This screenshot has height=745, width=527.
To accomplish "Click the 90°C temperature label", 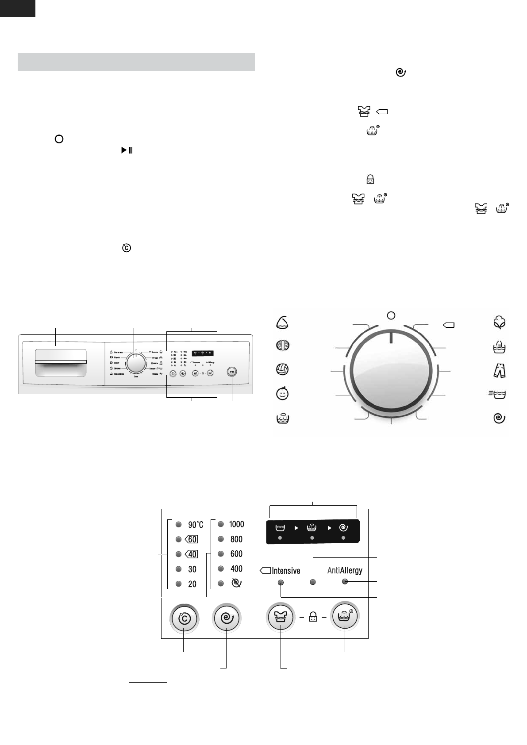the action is click(196, 525).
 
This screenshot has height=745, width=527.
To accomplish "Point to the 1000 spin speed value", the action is click(236, 524).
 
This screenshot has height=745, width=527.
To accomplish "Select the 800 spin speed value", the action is click(236, 539).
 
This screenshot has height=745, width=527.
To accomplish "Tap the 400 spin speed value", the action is click(236, 569).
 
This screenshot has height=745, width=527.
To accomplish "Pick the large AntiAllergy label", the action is click(345, 570).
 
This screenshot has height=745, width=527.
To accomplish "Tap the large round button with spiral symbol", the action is click(226, 617).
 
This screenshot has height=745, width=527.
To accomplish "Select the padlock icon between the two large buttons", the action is click(313, 617).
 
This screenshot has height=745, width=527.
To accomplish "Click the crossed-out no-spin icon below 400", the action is click(237, 584).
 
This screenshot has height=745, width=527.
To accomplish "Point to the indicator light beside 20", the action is click(178, 584).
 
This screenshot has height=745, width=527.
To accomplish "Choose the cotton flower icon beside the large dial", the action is click(500, 323).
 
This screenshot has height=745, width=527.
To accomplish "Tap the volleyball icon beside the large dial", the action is click(282, 369).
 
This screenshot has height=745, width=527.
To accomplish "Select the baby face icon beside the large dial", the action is click(282, 393).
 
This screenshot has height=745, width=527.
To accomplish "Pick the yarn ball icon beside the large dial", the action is click(283, 345).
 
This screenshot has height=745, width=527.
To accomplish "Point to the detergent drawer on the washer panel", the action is click(61, 363).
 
